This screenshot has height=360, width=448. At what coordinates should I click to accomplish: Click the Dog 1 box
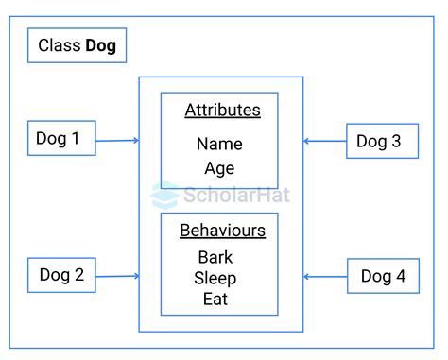click(x=61, y=140)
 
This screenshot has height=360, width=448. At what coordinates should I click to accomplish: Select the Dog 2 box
click(x=61, y=276)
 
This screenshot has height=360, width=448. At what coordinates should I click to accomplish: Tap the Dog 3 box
click(x=382, y=141)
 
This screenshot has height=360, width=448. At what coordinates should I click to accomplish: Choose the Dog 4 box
click(x=383, y=277)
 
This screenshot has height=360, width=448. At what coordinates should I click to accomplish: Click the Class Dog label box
click(x=78, y=45)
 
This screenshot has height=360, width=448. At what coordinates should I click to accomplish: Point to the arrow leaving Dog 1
click(x=117, y=141)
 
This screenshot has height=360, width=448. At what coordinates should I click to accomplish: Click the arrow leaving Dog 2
click(x=117, y=276)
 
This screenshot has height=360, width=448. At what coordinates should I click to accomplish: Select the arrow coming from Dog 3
click(x=324, y=142)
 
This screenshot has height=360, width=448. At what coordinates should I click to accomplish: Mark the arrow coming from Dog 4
click(x=324, y=277)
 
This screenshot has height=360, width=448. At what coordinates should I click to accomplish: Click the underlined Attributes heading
click(x=221, y=110)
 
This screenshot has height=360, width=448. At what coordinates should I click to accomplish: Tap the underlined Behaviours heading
click(x=222, y=231)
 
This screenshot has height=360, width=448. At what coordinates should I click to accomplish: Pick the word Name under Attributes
click(x=219, y=144)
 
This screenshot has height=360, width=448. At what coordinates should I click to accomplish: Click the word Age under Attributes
click(x=219, y=168)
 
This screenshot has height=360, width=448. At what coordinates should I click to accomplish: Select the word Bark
click(x=215, y=257)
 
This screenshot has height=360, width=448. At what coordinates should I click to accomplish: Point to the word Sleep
click(x=215, y=278)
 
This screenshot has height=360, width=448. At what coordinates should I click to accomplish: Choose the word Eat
click(x=215, y=300)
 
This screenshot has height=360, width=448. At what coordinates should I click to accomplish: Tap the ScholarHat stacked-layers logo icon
click(x=164, y=194)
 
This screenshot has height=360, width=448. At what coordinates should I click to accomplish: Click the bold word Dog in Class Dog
click(x=100, y=45)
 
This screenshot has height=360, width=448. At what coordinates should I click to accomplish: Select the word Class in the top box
click(x=60, y=45)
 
